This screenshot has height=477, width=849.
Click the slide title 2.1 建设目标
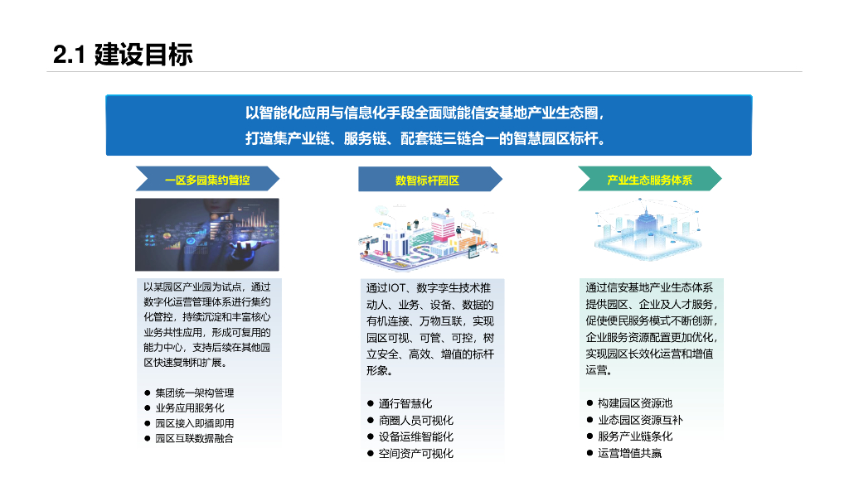[123, 55]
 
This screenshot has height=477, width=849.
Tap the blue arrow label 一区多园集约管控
[207, 180]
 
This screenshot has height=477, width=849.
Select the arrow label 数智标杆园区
[427, 180]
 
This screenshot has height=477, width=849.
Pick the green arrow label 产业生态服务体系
[649, 180]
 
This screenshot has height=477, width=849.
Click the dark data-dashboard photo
[207, 234]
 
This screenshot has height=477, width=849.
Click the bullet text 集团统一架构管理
[195, 393]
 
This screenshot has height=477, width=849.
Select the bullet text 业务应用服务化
[190, 407]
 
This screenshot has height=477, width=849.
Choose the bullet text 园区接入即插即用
[195, 423]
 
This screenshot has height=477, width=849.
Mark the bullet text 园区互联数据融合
[195, 438]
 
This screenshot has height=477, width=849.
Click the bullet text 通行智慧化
[405, 403]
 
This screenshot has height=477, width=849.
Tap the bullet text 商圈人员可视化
[416, 420]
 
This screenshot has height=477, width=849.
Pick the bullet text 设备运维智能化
[416, 436]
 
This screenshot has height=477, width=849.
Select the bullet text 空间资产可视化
[416, 453]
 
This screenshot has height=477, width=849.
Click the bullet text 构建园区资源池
[635, 403]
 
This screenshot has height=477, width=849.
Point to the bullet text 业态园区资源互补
[640, 420]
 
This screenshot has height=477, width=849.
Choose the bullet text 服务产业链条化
[635, 436]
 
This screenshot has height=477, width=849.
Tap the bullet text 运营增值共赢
[629, 453]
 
